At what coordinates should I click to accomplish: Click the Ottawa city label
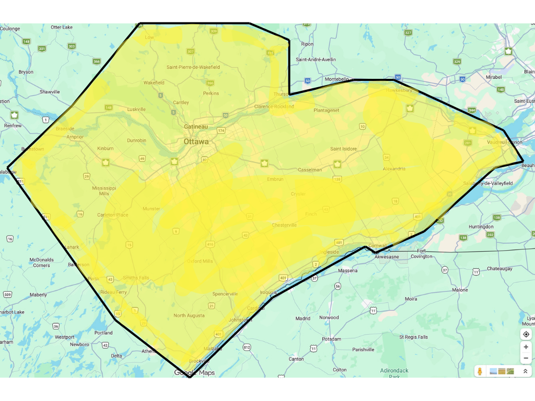pyautogui.click(x=196, y=141)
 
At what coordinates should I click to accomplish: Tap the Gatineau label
pyautogui.click(x=196, y=127)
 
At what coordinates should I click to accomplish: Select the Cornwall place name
pyautogui.click(x=377, y=245)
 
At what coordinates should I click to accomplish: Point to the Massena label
pyautogui.click(x=348, y=270)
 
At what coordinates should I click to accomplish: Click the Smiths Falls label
pyautogui.click(x=136, y=278)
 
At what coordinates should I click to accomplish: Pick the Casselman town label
pyautogui.click(x=309, y=170)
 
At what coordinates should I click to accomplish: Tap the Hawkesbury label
pyautogui.click(x=399, y=90)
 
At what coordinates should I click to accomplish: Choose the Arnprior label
pyautogui.click(x=75, y=137)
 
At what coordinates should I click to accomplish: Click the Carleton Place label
pyautogui.click(x=112, y=215)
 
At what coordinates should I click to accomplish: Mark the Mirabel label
pyautogui.click(x=493, y=77)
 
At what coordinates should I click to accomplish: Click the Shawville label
pyautogui.click(x=50, y=92)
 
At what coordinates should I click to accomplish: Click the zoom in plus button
pyautogui.click(x=526, y=347)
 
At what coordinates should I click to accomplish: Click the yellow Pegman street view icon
pyautogui.click(x=480, y=371)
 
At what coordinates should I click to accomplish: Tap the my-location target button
pyautogui.click(x=526, y=334)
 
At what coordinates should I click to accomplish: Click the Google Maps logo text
pyautogui.click(x=194, y=373)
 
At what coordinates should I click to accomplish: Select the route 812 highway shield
pyautogui.click(x=247, y=347)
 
